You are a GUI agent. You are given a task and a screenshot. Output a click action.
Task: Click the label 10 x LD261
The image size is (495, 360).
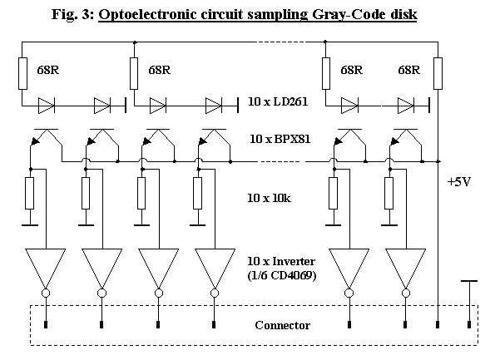tap(278, 101)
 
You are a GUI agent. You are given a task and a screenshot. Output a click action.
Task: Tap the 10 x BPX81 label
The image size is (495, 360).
tap(280, 139)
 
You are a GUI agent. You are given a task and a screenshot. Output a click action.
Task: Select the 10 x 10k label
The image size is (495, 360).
tap(269, 198)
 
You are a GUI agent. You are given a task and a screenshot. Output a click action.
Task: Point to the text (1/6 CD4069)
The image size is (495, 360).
tap(281, 275)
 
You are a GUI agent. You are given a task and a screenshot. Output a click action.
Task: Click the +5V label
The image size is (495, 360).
tap(459, 182)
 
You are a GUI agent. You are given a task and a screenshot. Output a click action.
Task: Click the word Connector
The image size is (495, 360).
tap(283, 325)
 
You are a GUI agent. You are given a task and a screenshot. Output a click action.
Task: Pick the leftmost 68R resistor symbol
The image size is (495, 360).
tap(22, 73)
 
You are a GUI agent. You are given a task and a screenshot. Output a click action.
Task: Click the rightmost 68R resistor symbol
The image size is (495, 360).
tap(438, 73)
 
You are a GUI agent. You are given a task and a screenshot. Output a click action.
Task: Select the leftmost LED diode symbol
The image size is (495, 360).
tap(46, 106)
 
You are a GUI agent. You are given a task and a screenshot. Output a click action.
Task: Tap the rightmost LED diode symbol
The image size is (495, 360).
tap(406, 106)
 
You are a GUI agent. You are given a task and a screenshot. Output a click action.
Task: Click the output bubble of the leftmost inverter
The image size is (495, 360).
tap(46, 293)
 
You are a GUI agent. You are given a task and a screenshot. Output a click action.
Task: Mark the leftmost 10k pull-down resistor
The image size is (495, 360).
tap(30, 193)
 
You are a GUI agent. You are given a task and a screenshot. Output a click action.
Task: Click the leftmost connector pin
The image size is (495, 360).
tap(46, 324)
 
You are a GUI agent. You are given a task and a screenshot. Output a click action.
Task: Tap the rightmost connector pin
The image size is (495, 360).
tap(469, 324)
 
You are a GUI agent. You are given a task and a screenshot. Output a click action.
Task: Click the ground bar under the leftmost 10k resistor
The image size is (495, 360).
tap(30, 225)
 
